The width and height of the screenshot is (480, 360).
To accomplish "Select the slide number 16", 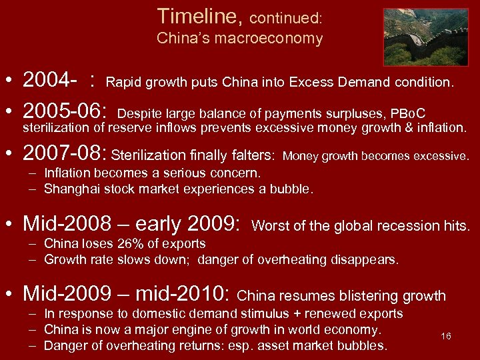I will click(446, 336).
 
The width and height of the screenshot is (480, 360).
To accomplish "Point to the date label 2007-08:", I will click(65, 155).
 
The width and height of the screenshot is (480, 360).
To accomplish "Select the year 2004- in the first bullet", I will click(49, 80).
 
